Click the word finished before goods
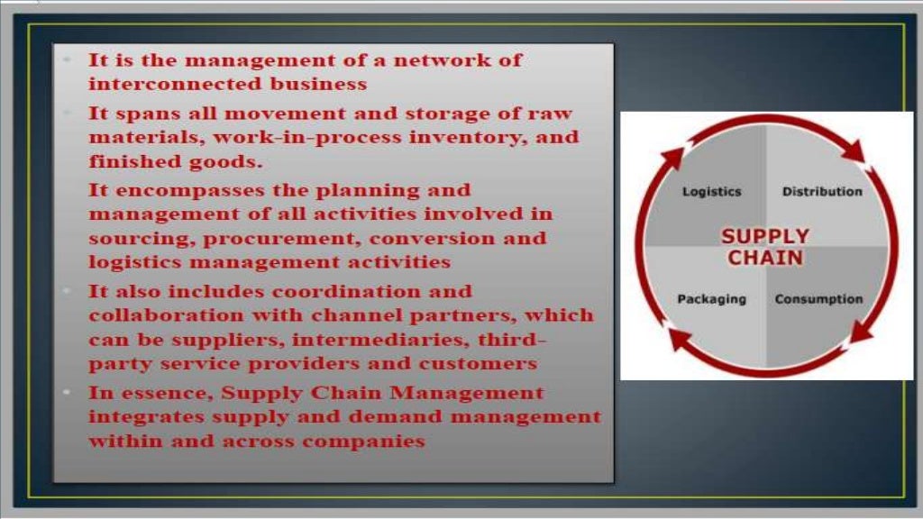coord(128,163)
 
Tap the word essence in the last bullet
coord(169,394)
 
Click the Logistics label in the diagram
coord(711,192)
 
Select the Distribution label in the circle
coord(822,192)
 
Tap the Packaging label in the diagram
coord(711,299)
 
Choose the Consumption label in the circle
coord(818,299)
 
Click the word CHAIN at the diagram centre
coord(765,259)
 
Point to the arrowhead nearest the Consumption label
coord(863,332)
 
